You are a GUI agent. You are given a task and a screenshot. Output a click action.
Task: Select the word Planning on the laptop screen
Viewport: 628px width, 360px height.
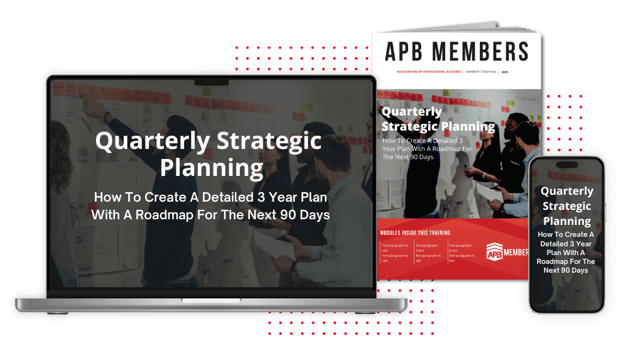211,168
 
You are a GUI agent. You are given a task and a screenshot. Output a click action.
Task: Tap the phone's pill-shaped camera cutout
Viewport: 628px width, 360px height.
566,165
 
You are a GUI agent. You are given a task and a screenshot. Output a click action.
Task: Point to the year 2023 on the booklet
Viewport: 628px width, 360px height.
505,73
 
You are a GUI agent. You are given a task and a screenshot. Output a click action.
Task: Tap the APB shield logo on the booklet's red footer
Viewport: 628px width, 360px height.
495,252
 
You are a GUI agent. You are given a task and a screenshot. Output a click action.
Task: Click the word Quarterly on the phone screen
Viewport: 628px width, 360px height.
566,191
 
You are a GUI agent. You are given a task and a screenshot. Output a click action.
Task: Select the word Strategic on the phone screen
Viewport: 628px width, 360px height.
566,206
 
